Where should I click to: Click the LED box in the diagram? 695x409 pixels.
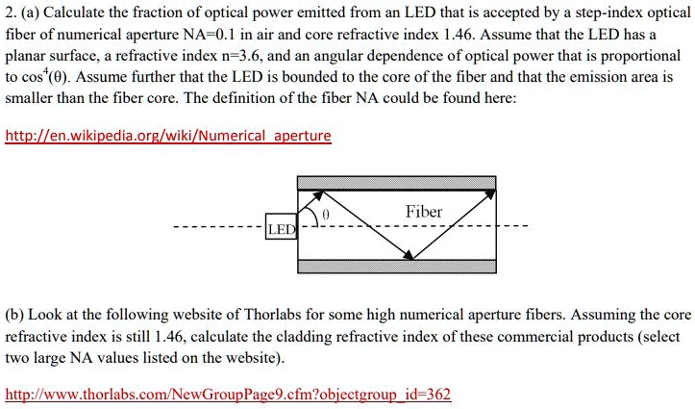[x=282, y=229]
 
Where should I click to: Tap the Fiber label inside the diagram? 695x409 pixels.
[x=424, y=211]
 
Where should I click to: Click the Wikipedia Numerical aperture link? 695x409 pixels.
[x=168, y=136]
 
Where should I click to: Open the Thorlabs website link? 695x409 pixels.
[x=228, y=395]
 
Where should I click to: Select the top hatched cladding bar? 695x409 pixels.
[x=397, y=182]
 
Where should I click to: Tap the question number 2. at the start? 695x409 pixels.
[x=11, y=12]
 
